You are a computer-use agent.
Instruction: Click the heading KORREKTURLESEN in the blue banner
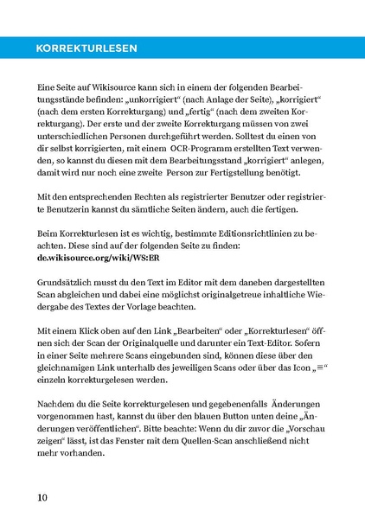[x=83, y=49]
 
